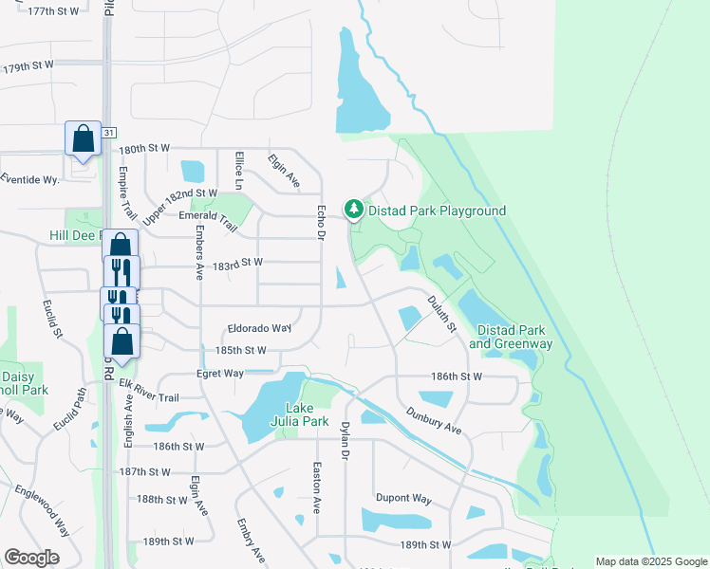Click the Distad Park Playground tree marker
(x=354, y=209)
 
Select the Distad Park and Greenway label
(x=514, y=336)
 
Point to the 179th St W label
(x=29, y=68)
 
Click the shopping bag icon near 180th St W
(x=84, y=138)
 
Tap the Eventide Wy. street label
(x=29, y=178)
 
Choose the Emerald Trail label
(x=206, y=215)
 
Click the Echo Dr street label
(x=321, y=221)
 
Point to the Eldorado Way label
(x=258, y=328)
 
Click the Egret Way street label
(x=220, y=374)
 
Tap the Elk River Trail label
(x=149, y=390)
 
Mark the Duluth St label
(x=440, y=313)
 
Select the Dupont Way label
(x=403, y=498)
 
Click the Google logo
(x=32, y=558)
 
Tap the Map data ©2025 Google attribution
(x=650, y=561)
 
